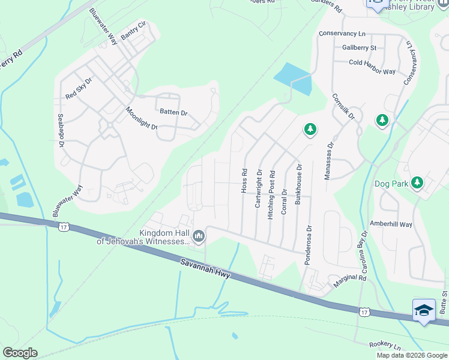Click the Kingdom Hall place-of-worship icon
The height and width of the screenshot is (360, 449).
[198, 238]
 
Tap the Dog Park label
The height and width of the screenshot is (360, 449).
[391, 184]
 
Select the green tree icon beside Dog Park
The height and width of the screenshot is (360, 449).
[417, 182]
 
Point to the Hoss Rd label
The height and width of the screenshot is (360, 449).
[244, 180]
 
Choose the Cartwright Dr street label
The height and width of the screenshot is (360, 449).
[259, 188]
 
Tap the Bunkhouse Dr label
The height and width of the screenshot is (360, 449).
[298, 184]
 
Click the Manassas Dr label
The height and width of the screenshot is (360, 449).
[328, 160]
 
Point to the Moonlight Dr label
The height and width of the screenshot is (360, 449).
[141, 118]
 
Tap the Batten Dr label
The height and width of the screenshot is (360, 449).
[173, 112]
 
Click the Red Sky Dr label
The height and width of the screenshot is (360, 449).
[79, 88]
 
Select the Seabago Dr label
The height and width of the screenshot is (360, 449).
[60, 130]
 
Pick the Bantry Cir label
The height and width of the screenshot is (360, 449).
[133, 32]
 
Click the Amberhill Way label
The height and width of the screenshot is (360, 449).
[391, 224]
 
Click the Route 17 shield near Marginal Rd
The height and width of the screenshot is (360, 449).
[364, 312]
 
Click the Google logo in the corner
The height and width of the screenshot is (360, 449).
[20, 353]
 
